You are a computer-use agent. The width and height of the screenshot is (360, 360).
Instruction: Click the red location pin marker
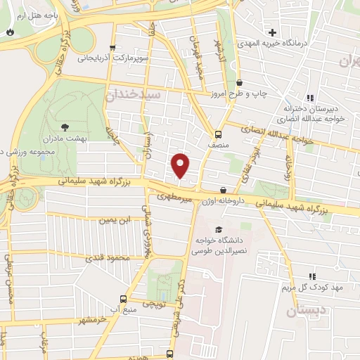pyautogui.click(x=181, y=165)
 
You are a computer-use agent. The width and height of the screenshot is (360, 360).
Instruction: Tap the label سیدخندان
pyautogui.click(x=134, y=95)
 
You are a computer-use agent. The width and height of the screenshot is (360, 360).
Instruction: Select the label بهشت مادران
pyautogui.click(x=82, y=139)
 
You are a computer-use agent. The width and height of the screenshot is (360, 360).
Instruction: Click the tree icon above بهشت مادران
pyautogui.click(x=65, y=127)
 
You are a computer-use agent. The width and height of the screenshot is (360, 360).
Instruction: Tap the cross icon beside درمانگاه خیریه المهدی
pyautogui.click(x=271, y=32)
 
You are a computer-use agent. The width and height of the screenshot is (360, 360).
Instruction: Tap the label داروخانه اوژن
pyautogui.click(x=224, y=201)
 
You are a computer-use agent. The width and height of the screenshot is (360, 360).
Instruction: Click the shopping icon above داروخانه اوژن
pyautogui.click(x=224, y=190)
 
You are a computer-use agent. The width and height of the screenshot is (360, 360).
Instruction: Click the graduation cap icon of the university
pyautogui.click(x=219, y=230)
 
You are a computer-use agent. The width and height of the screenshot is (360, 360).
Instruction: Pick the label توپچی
pyautogui.click(x=154, y=304)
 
